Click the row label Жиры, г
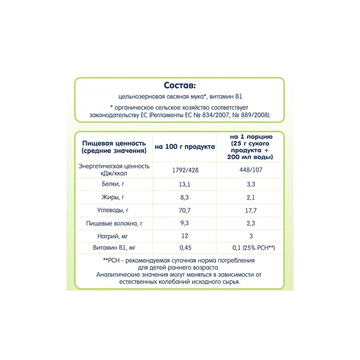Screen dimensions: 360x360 click(114, 197)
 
